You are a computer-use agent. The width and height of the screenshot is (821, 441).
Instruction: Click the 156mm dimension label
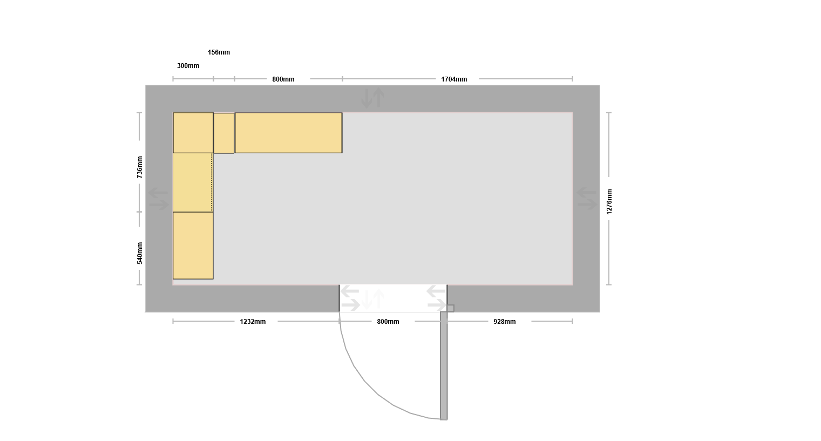click(x=219, y=52)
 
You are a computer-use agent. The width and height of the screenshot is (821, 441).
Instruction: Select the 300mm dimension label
click(x=188, y=66)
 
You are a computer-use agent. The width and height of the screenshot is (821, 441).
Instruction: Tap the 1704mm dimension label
click(x=454, y=79)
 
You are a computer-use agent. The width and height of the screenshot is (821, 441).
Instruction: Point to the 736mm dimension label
click(x=140, y=167)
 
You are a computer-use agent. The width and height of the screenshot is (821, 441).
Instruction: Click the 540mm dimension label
click(x=140, y=253)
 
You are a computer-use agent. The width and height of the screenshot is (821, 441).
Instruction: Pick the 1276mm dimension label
click(x=609, y=202)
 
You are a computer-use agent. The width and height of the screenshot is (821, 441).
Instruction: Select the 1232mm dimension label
click(x=253, y=322)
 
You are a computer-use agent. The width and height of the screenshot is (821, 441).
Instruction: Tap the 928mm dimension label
click(x=504, y=322)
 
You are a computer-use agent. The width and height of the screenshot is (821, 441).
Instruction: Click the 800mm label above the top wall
click(x=283, y=79)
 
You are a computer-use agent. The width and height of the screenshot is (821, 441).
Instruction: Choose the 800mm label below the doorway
click(x=388, y=322)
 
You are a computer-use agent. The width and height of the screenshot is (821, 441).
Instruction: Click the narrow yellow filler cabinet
click(x=224, y=133)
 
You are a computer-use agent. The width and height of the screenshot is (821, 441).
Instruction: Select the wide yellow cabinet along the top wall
click(x=288, y=133)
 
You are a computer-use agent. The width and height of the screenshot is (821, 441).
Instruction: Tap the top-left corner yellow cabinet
click(x=193, y=133)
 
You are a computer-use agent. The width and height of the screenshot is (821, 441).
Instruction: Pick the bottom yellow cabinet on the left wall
click(x=193, y=246)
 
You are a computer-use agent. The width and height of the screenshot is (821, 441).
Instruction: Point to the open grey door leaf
click(x=444, y=365)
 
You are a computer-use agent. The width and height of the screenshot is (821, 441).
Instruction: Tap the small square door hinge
click(x=451, y=308)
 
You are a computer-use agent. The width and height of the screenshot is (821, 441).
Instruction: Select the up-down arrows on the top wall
click(x=373, y=98)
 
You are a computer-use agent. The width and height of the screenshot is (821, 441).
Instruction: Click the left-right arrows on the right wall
click(x=587, y=199)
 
